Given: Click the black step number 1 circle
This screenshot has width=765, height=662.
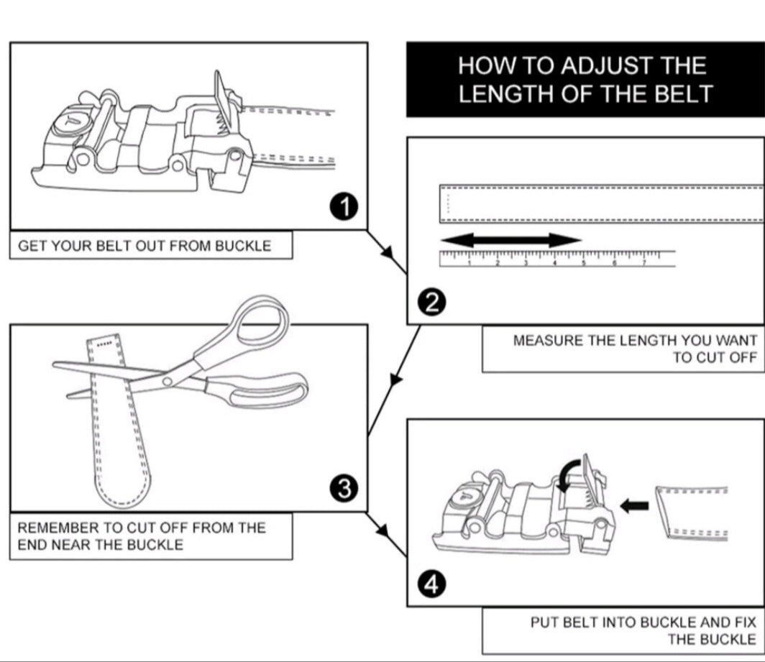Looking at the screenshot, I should tap(345, 207).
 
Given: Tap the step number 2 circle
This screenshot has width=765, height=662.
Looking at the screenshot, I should tap(431, 303).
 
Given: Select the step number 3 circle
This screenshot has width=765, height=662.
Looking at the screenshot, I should tap(344, 489).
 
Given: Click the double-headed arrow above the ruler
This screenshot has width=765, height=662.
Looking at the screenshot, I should tap(510, 241).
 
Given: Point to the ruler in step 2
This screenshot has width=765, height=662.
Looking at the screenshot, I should tap(557, 259).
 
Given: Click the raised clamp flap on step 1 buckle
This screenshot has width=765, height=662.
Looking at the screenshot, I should tap(221, 97).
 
